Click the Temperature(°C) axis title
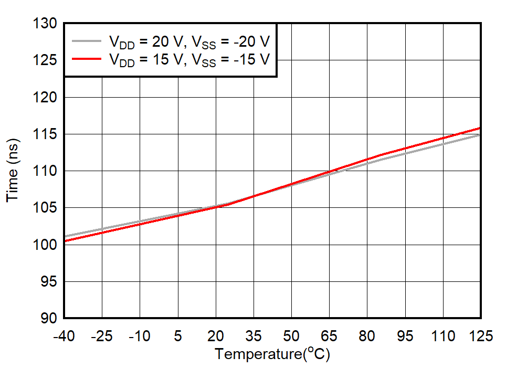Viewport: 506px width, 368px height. click(272, 354)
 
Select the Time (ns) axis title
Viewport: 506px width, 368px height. click(13, 170)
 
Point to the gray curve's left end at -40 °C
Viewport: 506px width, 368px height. click(65, 237)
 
